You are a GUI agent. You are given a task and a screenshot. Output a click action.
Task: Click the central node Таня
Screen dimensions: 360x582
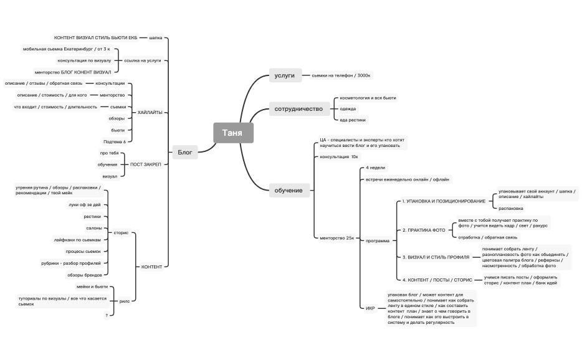233,133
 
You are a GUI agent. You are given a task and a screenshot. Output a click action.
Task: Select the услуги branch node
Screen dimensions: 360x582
285,75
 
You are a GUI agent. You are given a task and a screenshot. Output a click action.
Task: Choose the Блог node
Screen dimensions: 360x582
185,151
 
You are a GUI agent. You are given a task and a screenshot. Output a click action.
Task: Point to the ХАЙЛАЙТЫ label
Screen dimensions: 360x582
150,112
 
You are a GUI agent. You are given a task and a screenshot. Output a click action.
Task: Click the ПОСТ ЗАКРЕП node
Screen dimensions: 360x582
145,164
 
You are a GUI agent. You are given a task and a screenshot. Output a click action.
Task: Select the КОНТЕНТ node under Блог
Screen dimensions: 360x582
151,267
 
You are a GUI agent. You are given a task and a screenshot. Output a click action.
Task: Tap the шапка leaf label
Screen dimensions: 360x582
156,37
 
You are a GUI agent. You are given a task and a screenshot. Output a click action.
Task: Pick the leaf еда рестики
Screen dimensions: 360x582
353,120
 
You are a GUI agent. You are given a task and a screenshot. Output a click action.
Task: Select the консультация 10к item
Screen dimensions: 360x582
339,157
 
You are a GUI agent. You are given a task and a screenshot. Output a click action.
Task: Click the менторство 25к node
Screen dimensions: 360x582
336,238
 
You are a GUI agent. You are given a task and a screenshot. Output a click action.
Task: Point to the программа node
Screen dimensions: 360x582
378,240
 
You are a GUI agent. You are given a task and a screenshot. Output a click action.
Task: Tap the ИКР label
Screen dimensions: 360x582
371,308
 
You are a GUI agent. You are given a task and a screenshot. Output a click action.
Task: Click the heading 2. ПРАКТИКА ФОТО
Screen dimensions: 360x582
424,230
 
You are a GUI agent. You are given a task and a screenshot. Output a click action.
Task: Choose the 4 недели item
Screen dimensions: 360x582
375,168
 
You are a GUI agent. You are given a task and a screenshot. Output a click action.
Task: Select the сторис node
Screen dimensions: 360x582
122,232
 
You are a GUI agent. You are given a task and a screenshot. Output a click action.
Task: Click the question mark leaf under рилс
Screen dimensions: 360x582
107,315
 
